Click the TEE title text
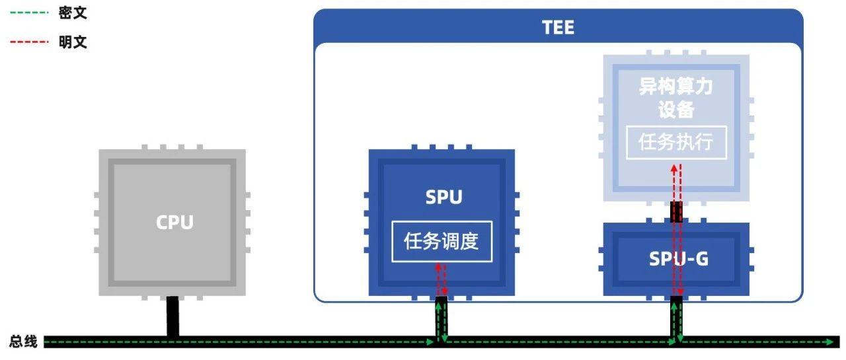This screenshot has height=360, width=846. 558,27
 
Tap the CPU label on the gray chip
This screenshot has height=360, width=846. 174,222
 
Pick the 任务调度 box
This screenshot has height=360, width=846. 442,241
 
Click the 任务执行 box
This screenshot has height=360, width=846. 675,142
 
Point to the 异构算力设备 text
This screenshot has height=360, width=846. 675,98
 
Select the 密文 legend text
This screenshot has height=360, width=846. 73,13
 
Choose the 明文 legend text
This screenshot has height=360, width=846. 73,42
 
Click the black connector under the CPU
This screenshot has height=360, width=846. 173,316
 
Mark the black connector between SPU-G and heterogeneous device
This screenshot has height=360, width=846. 676,212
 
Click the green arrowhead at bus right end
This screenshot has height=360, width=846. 831,342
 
